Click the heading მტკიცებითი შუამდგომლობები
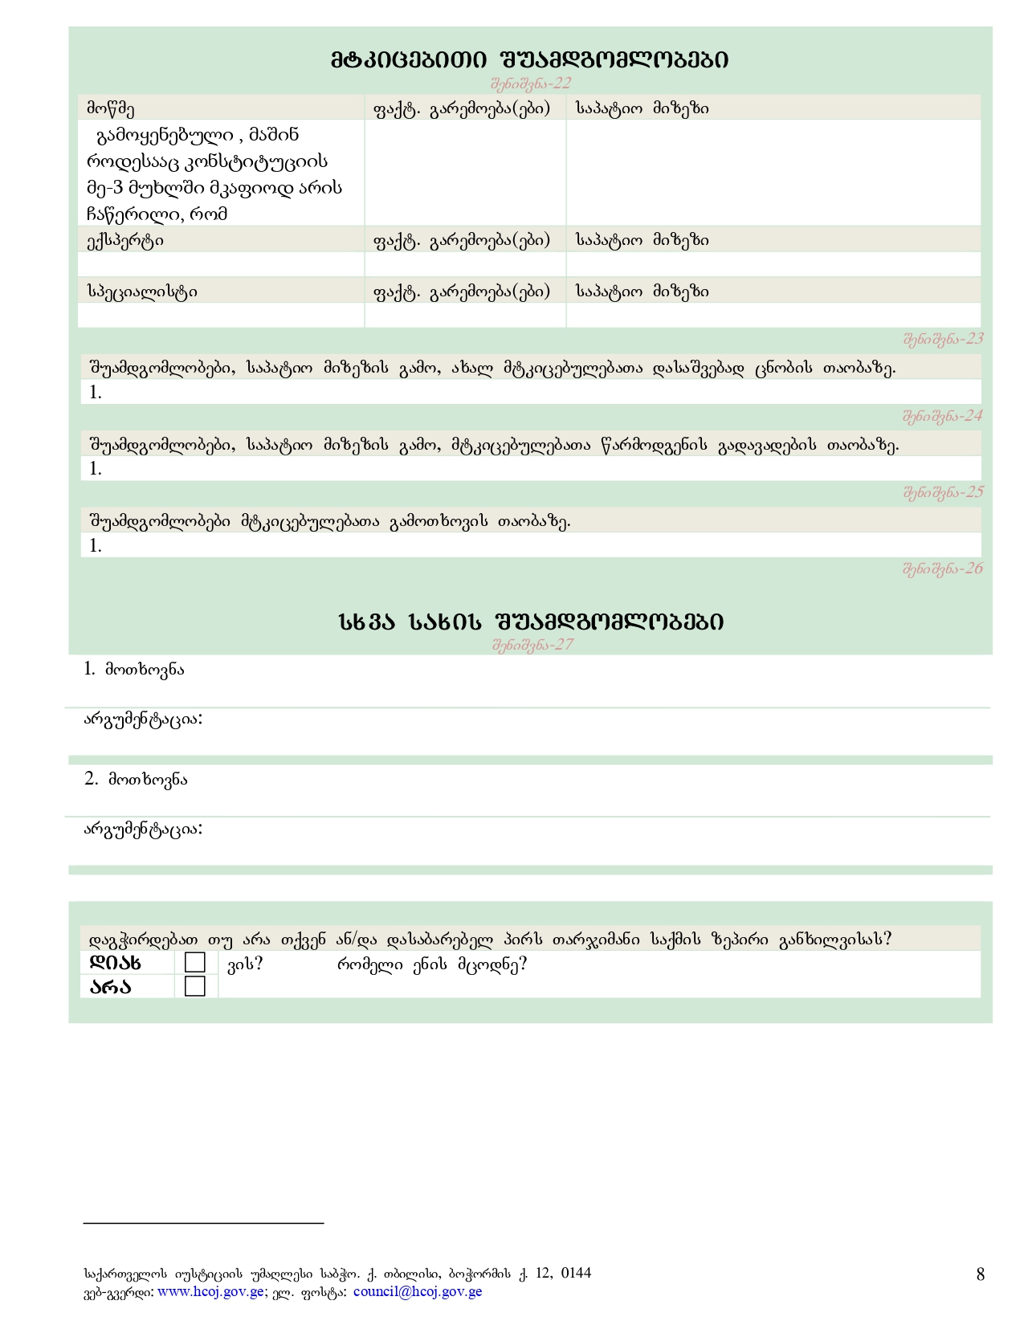pos(530,59)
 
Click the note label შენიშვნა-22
pos(530,84)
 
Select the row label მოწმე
pos(111,108)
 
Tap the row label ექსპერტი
pos(124,240)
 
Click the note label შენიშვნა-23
pos(943,339)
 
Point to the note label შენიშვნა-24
pos(943,416)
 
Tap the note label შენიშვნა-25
pos(943,492)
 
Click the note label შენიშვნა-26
pos(943,569)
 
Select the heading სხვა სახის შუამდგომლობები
pos(531,622)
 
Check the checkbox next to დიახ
pos(195,963)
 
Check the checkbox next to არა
pos(195,986)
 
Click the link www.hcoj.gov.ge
pos(210,1292)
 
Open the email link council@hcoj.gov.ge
pos(418,1292)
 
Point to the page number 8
pos(980,1274)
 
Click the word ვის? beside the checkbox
pos(245,964)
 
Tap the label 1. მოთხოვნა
pos(134,669)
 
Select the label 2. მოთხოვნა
pos(136,779)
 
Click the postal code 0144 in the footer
pos(576,1273)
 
